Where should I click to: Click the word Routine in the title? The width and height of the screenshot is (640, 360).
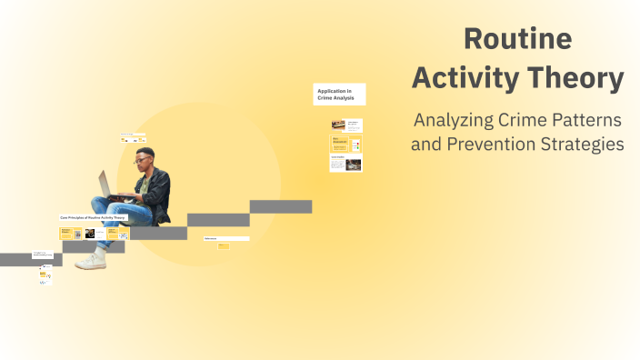517,39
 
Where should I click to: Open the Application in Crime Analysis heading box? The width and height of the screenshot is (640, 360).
339,94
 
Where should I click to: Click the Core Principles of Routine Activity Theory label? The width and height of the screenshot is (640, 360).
94,218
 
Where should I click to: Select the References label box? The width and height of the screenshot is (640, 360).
225,238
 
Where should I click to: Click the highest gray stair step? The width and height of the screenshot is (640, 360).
280,206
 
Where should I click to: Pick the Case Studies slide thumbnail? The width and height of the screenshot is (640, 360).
345,164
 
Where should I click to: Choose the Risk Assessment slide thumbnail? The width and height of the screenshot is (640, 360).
345,144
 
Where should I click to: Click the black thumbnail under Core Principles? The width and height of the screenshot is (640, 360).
90,234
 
